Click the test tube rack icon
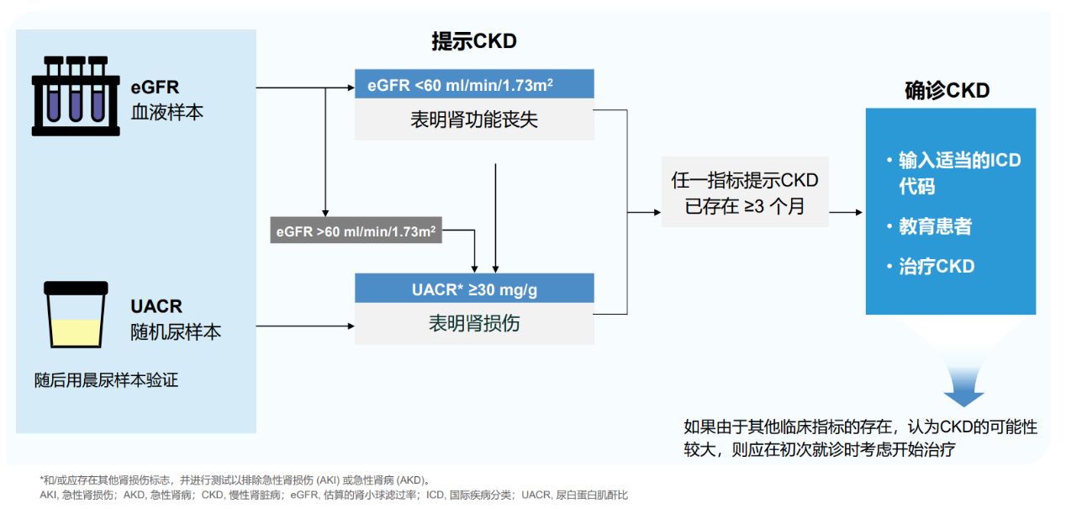tap(76, 96)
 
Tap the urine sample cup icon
tap(76, 315)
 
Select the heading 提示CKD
tap(474, 41)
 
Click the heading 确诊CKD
tap(947, 91)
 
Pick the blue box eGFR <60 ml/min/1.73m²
tap(474, 84)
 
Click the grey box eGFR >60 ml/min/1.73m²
tap(356, 231)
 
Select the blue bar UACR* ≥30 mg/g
tap(474, 289)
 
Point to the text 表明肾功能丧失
tap(474, 119)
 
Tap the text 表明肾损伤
tap(474, 323)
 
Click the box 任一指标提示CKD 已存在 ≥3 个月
tap(745, 192)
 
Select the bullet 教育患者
tap(930, 226)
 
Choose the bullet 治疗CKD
tap(931, 266)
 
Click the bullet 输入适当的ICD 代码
tap(953, 173)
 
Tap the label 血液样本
tap(166, 113)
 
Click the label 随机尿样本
tap(176, 331)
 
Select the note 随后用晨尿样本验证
tap(106, 380)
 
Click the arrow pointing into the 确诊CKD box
tap(846, 212)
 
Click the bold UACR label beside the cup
tap(156, 306)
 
